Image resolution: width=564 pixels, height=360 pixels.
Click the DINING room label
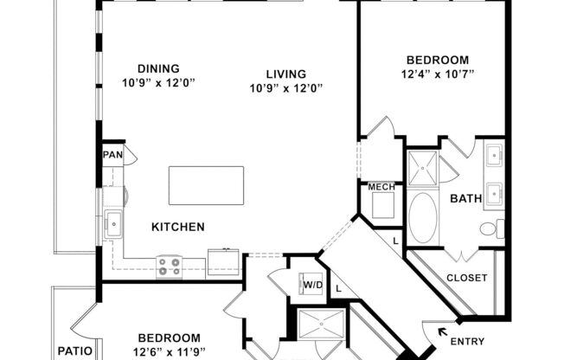pos(157,68)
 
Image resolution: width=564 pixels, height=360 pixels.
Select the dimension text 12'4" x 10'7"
pos(438,74)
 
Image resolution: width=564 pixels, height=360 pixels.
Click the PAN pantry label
pos(112,155)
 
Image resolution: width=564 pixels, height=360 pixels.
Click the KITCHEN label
pos(178,227)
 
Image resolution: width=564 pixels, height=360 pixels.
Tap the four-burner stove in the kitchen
pos(169,267)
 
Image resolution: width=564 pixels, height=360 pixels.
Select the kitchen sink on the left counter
pos(112,224)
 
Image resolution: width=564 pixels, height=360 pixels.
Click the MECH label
pos(381,187)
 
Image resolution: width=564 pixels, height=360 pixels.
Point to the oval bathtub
pos(423,217)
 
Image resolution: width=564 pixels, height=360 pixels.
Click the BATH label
pos(465,198)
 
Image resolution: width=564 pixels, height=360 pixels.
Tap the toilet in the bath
pos(490,229)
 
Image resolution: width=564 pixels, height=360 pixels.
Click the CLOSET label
pos(466,278)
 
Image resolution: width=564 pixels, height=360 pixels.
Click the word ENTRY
pos(468,341)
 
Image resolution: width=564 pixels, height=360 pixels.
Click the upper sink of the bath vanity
pos(493,157)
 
